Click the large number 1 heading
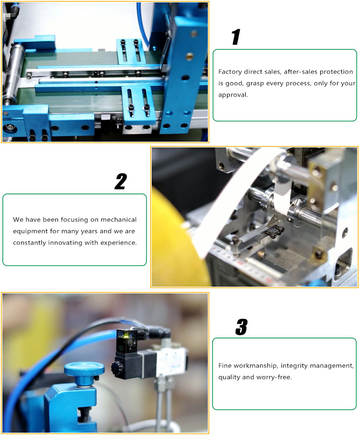(236, 37)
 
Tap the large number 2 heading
(120, 182)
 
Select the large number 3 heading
(241, 327)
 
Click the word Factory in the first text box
(230, 72)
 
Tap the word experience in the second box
(120, 243)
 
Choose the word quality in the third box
(228, 377)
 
